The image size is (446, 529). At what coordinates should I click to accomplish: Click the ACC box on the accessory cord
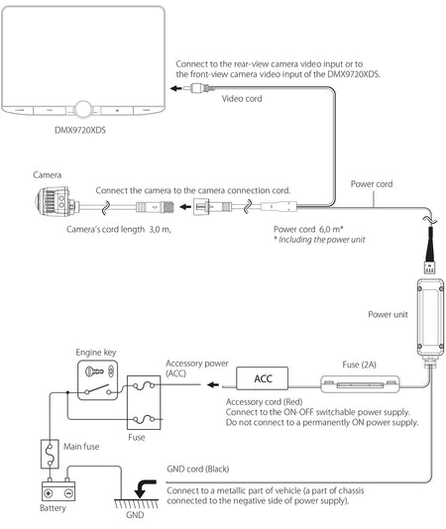click(x=263, y=378)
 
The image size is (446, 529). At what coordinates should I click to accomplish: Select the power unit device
click(x=430, y=317)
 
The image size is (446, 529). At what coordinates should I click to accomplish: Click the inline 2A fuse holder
click(x=360, y=384)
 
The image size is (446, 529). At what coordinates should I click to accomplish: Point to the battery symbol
click(x=58, y=491)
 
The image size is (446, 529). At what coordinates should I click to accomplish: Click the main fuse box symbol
click(x=50, y=454)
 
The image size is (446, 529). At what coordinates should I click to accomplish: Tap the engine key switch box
click(x=98, y=380)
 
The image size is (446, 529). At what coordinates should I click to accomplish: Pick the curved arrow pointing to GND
click(x=145, y=488)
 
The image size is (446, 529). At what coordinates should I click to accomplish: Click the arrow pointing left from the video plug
click(x=176, y=88)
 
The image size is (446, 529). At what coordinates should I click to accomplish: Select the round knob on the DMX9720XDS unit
click(x=83, y=109)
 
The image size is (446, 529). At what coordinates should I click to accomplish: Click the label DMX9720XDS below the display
click(x=80, y=130)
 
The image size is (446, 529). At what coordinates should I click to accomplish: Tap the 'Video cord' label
click(x=242, y=98)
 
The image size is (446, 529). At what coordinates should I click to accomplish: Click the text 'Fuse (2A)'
click(x=359, y=365)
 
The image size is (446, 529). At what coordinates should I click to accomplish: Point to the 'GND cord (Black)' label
click(x=198, y=469)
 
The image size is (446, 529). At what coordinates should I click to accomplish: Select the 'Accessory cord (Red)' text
click(x=264, y=402)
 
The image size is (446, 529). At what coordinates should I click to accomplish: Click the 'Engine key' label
click(x=96, y=353)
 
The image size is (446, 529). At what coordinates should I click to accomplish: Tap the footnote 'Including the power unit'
click(x=322, y=240)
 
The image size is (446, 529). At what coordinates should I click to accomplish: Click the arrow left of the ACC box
click(x=213, y=384)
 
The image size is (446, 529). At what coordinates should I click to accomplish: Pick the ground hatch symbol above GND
click(x=137, y=503)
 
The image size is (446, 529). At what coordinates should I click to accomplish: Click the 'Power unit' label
click(x=388, y=314)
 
